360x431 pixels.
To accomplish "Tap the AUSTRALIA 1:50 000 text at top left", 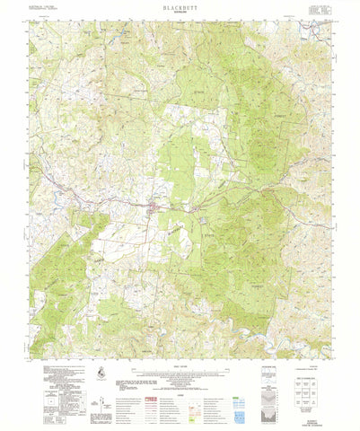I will (x=45, y=7).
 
